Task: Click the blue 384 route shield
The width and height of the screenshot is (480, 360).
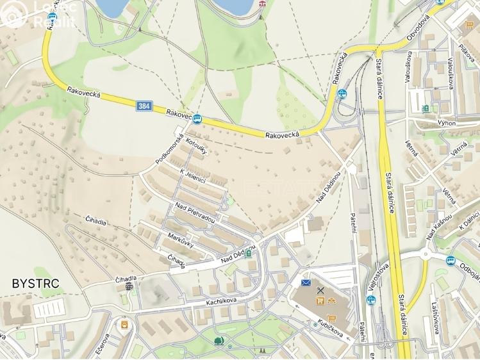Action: click(x=144, y=106)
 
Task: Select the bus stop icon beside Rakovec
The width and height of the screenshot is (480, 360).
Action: click(x=197, y=119)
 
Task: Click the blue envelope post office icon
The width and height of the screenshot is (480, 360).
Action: click(x=306, y=282)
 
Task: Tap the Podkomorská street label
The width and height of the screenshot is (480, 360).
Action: click(x=170, y=149)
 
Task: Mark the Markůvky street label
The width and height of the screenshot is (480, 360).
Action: click(x=181, y=243)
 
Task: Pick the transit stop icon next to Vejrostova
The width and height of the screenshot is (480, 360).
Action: click(x=370, y=300)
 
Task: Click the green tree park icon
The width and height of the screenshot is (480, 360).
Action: click(x=219, y=340)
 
